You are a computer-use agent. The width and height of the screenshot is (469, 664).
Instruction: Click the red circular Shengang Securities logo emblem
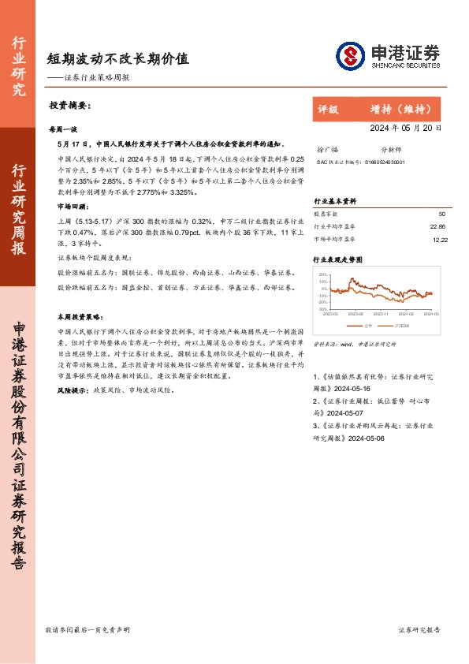351,55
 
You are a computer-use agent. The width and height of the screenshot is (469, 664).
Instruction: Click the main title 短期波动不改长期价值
117,58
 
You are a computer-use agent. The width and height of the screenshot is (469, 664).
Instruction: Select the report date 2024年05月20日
405,127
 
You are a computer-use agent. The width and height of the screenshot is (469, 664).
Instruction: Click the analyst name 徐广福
326,148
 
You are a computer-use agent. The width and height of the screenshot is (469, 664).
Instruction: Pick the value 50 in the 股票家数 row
441,214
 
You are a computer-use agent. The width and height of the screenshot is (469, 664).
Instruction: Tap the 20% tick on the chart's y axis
323,274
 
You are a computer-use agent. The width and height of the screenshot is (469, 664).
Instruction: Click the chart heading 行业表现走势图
338,259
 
